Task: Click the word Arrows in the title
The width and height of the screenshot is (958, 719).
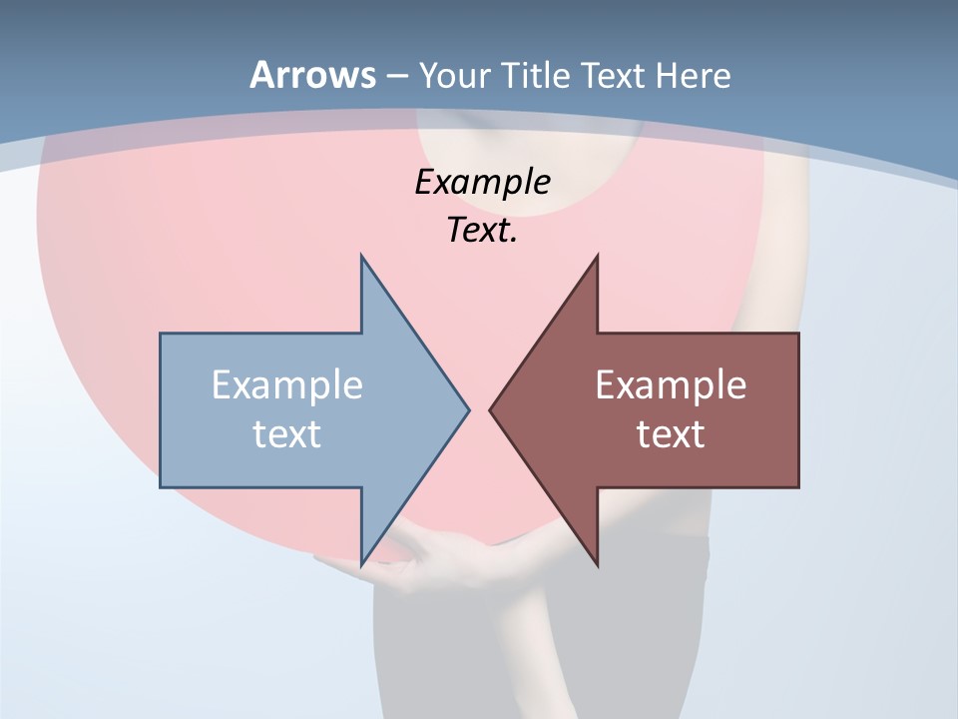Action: (312, 75)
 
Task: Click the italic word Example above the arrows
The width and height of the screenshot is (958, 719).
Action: (482, 183)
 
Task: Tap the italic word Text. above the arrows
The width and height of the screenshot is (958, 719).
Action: (482, 231)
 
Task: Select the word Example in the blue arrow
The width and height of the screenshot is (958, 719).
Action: (287, 385)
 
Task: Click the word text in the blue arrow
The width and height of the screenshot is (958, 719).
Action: (287, 433)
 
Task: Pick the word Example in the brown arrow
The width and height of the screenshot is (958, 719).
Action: (671, 385)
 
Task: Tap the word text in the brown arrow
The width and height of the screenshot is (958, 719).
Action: (671, 433)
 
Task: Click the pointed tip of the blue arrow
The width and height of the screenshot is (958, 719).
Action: (468, 409)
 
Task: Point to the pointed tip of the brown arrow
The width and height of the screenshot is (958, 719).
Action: (490, 409)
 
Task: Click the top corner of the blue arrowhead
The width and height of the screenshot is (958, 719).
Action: (361, 256)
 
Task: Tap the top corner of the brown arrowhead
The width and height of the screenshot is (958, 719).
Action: (597, 256)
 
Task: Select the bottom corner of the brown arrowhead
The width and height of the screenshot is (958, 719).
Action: (597, 565)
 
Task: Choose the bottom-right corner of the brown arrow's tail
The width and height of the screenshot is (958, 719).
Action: (798, 486)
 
